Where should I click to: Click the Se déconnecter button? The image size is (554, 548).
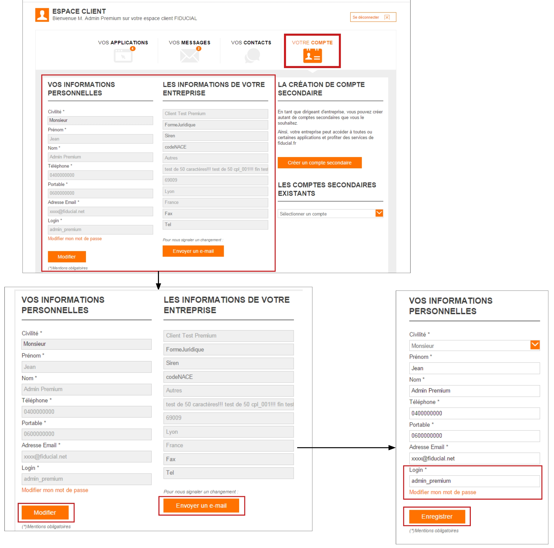tap(373, 17)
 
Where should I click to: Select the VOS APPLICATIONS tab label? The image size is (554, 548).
tap(123, 42)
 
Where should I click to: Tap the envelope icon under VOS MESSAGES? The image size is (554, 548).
tap(189, 56)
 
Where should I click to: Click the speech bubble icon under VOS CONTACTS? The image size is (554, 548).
tap(252, 55)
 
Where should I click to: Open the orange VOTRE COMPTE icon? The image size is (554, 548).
tap(313, 55)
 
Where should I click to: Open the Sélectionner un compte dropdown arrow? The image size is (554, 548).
tap(379, 213)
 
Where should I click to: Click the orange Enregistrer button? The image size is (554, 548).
tap(437, 516)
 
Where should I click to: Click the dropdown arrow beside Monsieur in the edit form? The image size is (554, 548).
tap(535, 345)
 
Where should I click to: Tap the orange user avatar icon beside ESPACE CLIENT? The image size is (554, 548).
tap(42, 15)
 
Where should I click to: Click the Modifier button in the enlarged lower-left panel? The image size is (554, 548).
tap(45, 512)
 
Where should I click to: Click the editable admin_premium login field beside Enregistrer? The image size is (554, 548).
tap(474, 481)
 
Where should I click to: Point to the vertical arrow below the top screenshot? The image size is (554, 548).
tap(158, 280)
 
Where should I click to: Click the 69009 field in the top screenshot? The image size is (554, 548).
tap(215, 180)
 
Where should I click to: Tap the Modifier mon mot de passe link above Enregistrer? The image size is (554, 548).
tap(442, 492)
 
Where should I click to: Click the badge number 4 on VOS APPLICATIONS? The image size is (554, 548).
tap(133, 49)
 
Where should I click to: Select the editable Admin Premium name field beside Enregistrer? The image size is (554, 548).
tap(474, 391)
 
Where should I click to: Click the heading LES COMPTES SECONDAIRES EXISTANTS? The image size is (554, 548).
tap(327, 189)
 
